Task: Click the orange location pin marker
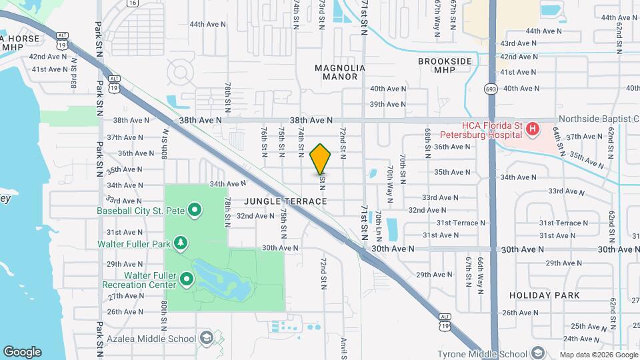(x=320, y=159)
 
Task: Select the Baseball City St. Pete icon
(x=195, y=211)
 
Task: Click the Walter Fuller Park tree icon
(x=181, y=243)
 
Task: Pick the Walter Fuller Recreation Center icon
(x=187, y=279)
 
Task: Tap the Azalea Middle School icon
(x=206, y=338)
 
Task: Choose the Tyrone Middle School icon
(x=537, y=353)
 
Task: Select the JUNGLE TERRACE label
(x=285, y=201)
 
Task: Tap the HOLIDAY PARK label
(x=545, y=295)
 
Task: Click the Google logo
(x=22, y=352)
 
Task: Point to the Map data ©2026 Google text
(x=597, y=355)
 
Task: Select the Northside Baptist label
(x=597, y=118)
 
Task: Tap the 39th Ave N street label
(x=388, y=104)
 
